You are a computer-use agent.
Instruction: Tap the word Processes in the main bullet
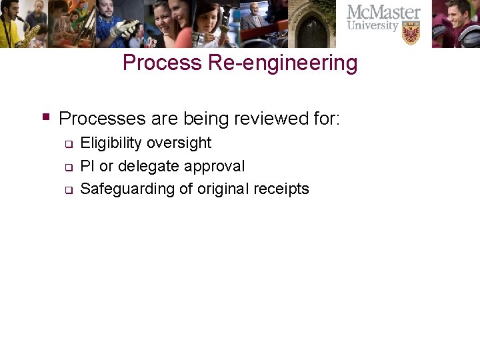tap(102, 119)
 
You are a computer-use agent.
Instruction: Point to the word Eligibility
tap(111, 143)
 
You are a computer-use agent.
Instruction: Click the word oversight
tap(179, 143)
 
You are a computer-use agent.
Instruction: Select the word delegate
tap(149, 166)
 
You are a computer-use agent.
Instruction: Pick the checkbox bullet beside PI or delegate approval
tap(68, 167)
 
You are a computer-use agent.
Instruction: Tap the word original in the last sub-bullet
tap(222, 189)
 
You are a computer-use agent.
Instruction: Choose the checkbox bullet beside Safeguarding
tap(68, 191)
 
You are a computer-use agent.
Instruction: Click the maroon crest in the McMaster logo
tap(411, 32)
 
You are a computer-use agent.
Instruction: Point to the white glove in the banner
tap(124, 29)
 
